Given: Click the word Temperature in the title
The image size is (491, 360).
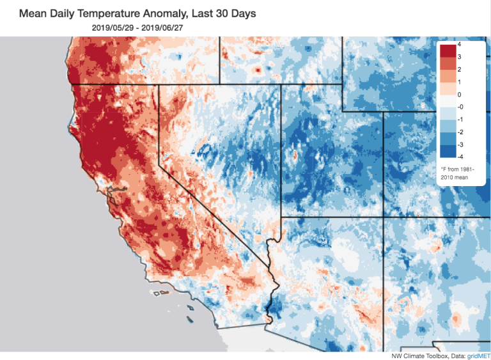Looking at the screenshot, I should coord(102,13).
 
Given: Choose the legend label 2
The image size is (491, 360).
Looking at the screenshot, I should coord(460,69).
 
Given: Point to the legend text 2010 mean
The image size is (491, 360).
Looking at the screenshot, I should coord(456,175).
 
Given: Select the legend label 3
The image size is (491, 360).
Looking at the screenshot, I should coord(460,57).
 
